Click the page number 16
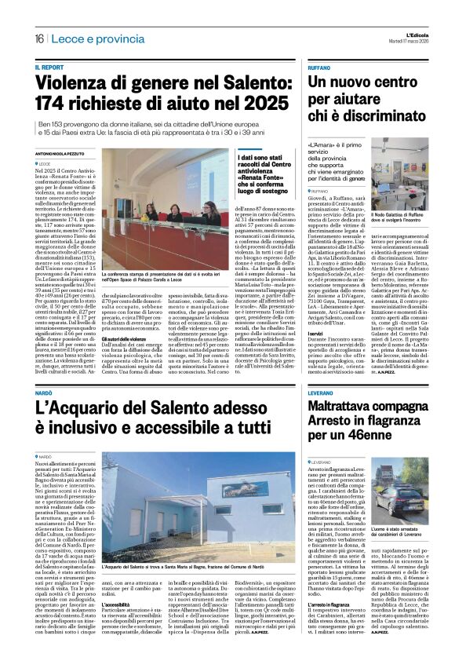(38, 38)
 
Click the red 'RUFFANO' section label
(321, 67)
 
